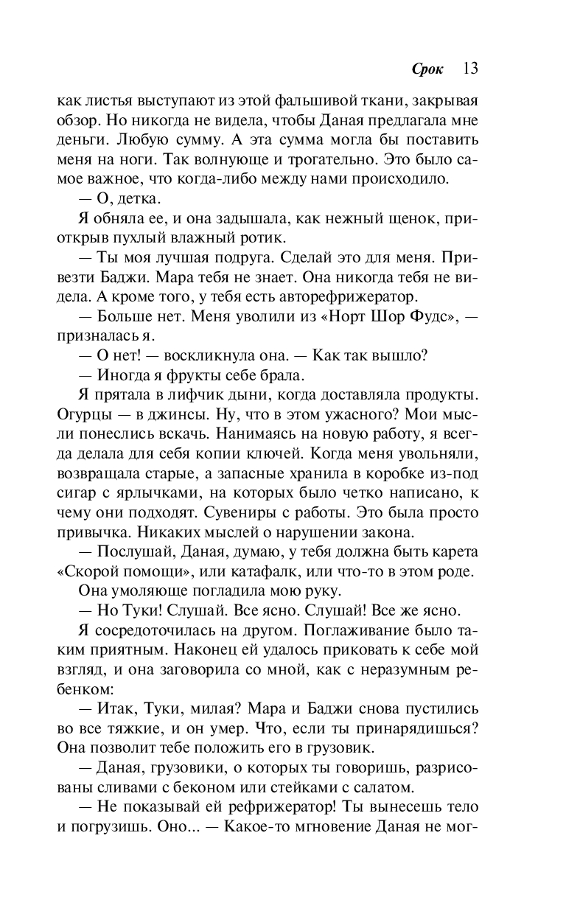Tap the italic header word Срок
(428, 70)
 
